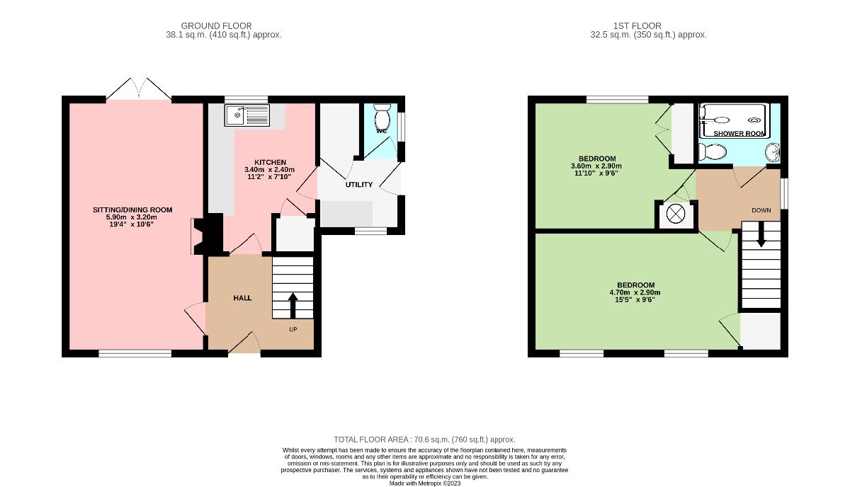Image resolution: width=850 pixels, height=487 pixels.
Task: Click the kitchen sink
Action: [246, 115]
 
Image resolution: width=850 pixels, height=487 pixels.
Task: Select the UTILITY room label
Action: [359, 185]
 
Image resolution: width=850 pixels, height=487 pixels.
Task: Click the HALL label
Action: [242, 298]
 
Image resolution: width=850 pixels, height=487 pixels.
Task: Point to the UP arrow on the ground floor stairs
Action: [293, 305]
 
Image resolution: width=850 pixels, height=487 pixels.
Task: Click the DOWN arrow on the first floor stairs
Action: [761, 234]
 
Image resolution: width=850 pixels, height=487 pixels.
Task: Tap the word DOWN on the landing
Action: [761, 210]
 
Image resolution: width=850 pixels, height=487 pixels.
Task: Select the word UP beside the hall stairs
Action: [293, 330]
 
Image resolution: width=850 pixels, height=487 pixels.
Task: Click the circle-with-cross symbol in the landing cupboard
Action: [676, 214]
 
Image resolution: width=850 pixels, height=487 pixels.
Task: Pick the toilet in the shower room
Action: [713, 152]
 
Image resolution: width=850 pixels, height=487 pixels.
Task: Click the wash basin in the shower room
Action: [772, 152]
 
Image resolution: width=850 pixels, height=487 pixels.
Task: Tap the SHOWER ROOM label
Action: [739, 134]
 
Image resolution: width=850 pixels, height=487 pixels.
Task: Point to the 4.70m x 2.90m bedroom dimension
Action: [635, 292]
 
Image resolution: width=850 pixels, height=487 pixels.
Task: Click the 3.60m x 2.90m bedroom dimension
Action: [596, 166]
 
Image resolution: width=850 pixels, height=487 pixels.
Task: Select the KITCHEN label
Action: [270, 162]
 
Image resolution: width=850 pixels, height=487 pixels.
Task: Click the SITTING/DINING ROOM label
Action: [132, 210]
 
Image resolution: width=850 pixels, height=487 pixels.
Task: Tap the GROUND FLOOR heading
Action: [216, 25]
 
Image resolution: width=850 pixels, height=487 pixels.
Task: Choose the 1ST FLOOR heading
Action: [637, 25]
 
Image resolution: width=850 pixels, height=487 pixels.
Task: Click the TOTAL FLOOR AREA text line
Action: [424, 440]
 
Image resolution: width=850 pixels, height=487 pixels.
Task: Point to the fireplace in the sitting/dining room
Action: [207, 235]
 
